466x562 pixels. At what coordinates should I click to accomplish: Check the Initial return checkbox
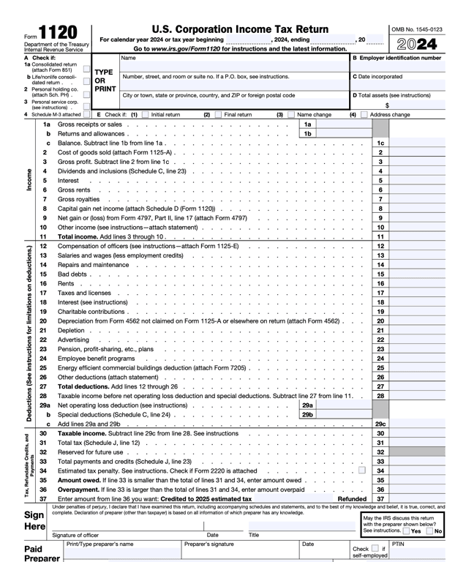pos(144,115)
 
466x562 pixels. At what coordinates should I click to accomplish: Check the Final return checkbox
pos(218,115)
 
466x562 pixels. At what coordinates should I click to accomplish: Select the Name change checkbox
pos(291,115)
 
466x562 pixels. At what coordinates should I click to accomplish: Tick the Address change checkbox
pos(364,115)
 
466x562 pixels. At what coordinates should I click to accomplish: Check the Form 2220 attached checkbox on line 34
pos(362,471)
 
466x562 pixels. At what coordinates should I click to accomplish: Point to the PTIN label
pos(398,544)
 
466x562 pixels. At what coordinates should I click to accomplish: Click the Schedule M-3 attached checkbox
pos(87,114)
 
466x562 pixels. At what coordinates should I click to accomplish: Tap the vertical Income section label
pos(29,180)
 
